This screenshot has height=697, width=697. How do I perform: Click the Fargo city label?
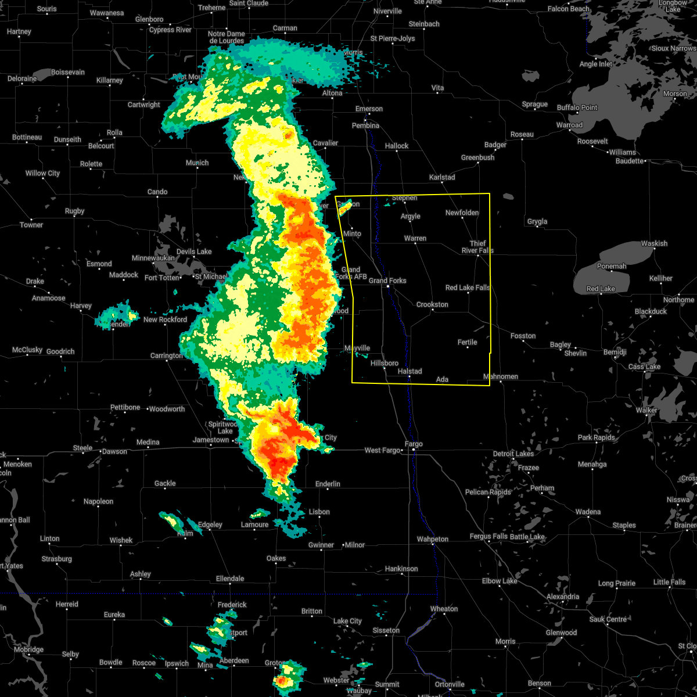(x=414, y=444)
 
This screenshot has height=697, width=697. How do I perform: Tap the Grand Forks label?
(x=387, y=281)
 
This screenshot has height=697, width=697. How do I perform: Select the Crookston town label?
(x=432, y=304)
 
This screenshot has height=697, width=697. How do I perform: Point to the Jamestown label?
(x=211, y=440)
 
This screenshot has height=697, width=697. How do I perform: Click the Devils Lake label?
(x=194, y=252)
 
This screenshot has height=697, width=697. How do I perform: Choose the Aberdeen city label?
(x=234, y=660)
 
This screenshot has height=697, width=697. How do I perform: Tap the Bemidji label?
(x=615, y=353)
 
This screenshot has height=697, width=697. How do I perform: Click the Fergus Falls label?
(x=488, y=536)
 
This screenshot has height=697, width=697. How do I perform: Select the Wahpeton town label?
(x=433, y=539)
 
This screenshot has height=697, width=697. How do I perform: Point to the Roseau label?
(x=522, y=134)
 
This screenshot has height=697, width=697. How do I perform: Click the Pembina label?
(x=365, y=125)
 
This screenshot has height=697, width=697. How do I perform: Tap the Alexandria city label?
(x=563, y=597)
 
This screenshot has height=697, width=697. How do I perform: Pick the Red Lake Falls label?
(x=468, y=288)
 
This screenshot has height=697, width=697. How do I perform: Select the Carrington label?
(x=167, y=355)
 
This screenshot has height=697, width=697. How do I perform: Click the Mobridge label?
(x=28, y=649)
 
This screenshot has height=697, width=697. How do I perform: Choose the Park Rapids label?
(x=596, y=437)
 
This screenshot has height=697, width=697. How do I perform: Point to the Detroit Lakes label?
(x=513, y=454)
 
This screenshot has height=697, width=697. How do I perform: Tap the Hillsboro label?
(x=385, y=363)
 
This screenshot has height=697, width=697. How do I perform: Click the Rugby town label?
(x=75, y=211)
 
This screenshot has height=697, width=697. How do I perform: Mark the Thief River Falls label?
(x=477, y=247)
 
